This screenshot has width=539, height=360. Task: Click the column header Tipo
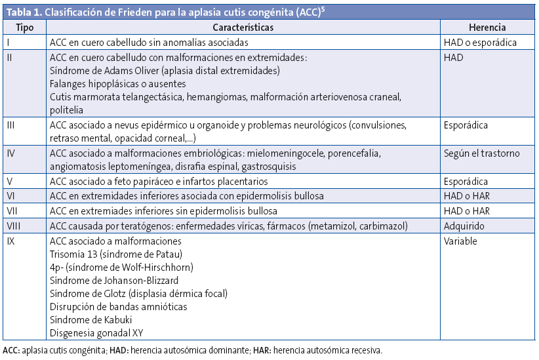pos(24,28)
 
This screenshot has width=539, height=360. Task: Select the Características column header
pos(243,28)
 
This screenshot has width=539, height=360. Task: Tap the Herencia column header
pos(487,28)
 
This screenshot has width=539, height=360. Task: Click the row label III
pos(10,125)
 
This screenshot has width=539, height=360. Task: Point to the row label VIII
pos(14,226)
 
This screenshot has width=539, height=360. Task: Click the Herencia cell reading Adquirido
pos(464,226)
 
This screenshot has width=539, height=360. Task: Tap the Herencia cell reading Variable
pos(460,241)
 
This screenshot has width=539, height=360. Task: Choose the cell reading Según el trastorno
pos(481,153)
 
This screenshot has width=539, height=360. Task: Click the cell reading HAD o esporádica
pos(480,43)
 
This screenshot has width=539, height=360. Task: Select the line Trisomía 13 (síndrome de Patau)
pos(115,254)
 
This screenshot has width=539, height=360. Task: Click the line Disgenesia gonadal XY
pos(97,333)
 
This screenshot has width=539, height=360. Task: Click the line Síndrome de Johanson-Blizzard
pos(114,281)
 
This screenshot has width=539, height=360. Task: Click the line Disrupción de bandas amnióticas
pos(119,307)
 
